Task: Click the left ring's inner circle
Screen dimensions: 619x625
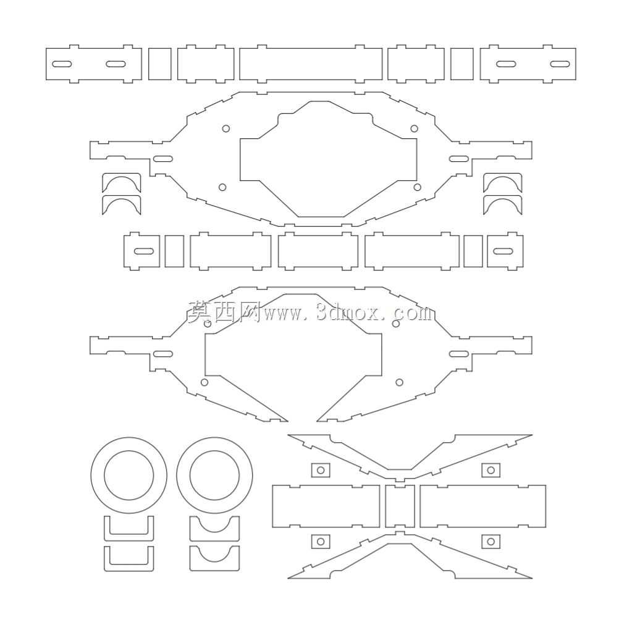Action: [104, 475]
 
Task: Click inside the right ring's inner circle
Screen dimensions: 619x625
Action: [214, 475]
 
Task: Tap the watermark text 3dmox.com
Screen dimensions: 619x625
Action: [374, 313]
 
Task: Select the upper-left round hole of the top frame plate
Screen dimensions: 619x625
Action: [226, 128]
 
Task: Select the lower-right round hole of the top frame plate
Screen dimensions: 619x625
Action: [418, 187]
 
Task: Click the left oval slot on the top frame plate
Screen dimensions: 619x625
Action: [163, 159]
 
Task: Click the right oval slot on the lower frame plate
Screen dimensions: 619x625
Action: [459, 353]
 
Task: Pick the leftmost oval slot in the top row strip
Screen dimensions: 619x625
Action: [62, 64]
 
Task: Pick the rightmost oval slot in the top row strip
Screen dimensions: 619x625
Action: [560, 64]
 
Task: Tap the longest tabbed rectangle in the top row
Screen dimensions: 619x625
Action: [311, 64]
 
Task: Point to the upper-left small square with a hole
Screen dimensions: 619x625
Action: [321, 471]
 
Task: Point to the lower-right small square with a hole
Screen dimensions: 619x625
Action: [491, 541]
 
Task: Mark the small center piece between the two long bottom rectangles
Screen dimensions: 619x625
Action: [400, 506]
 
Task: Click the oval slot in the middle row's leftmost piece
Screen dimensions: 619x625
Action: [144, 251]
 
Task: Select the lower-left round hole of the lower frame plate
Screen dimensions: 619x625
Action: [204, 382]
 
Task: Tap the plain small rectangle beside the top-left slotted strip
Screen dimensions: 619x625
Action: [160, 64]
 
